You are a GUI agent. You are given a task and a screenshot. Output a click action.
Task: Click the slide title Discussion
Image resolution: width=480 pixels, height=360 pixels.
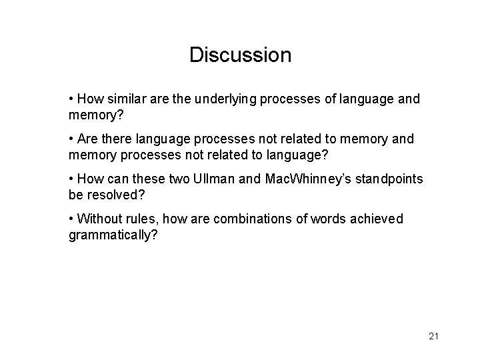click(x=240, y=55)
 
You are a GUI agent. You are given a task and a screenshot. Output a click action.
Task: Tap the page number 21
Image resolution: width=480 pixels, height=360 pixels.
click(x=433, y=336)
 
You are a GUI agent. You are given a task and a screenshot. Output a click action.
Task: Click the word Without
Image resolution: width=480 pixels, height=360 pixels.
click(x=101, y=219)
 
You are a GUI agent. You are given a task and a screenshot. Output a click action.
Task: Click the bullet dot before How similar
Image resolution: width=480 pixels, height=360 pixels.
click(x=71, y=99)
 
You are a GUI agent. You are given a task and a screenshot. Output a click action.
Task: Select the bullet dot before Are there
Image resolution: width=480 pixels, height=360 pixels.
click(x=71, y=139)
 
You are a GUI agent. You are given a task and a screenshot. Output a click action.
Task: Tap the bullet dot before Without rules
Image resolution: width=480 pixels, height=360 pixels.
click(x=71, y=219)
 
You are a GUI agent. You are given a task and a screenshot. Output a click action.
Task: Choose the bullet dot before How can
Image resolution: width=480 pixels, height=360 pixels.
click(x=71, y=179)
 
